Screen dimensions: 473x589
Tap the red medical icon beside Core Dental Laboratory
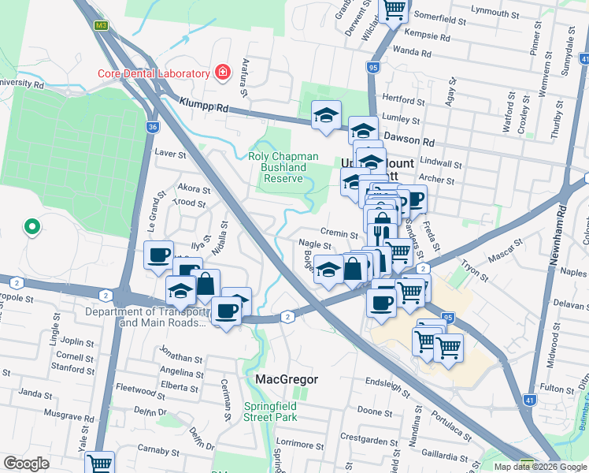point(223,73)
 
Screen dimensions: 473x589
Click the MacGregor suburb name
point(287,379)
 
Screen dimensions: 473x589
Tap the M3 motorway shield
point(100,25)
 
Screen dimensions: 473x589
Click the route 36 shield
point(152,126)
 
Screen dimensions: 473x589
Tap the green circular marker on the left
point(31,227)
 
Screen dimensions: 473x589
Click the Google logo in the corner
point(27,464)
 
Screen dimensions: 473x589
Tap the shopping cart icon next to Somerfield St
point(394,9)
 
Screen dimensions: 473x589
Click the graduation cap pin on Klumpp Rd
point(325,115)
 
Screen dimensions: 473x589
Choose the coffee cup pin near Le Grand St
point(158,255)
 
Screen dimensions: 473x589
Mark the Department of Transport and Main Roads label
point(147,317)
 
